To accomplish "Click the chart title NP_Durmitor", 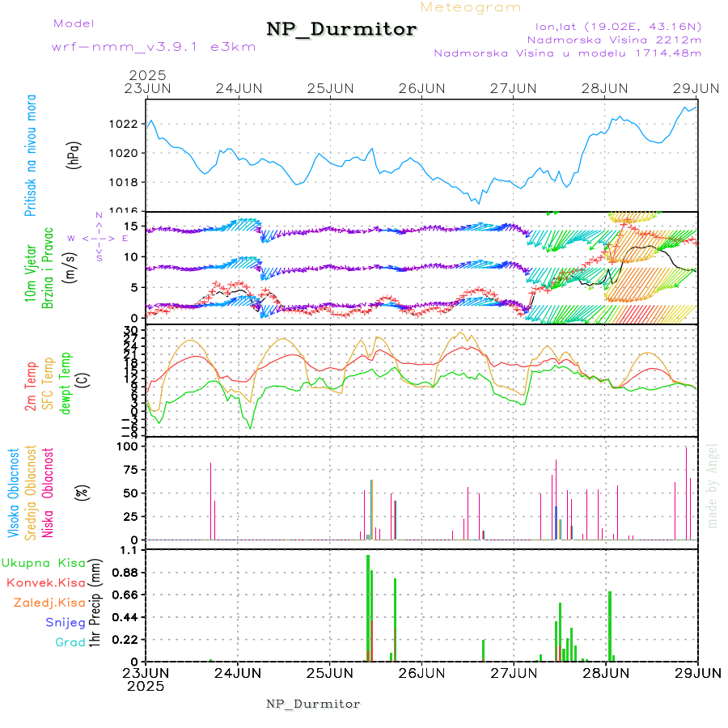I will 341,30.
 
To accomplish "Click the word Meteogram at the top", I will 471,7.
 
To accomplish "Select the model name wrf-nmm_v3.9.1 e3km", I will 154,47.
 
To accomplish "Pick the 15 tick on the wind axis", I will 132,226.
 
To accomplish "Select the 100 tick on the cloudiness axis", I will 129,446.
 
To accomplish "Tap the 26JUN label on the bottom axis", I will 421,672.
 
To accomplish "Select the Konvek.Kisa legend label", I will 45,582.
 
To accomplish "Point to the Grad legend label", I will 70,643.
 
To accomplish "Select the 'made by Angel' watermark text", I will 713,485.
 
